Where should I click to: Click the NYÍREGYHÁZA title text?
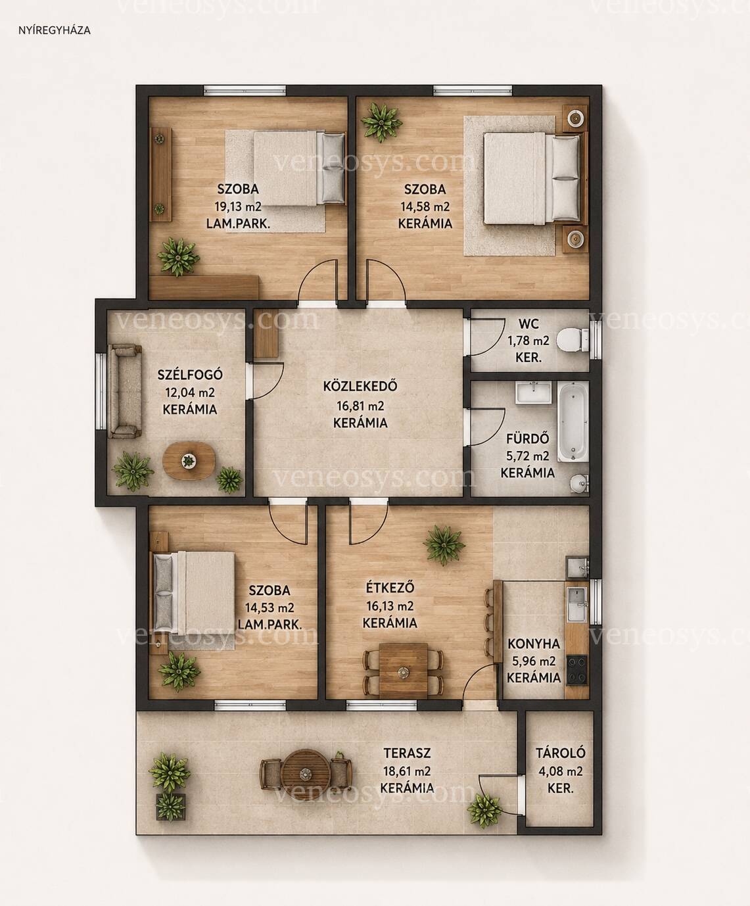click(55, 31)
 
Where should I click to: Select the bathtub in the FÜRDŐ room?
click(573, 421)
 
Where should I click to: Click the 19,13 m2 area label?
click(238, 206)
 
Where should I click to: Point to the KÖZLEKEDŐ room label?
click(360, 386)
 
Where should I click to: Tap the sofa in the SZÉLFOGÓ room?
click(124, 391)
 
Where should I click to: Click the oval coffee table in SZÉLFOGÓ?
click(189, 460)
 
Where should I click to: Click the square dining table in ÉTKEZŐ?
click(403, 671)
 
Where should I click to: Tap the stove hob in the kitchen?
click(576, 670)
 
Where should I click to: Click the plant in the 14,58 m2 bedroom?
click(381, 122)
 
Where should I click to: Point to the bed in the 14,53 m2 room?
click(193, 591)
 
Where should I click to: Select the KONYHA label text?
click(534, 644)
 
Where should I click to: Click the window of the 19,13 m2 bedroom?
click(245, 90)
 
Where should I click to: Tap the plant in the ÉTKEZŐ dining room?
click(444, 545)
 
